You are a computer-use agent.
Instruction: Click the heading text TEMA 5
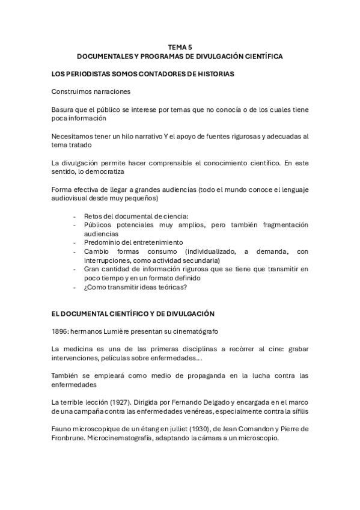click(180, 46)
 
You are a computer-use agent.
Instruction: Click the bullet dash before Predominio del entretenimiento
click(74, 242)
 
